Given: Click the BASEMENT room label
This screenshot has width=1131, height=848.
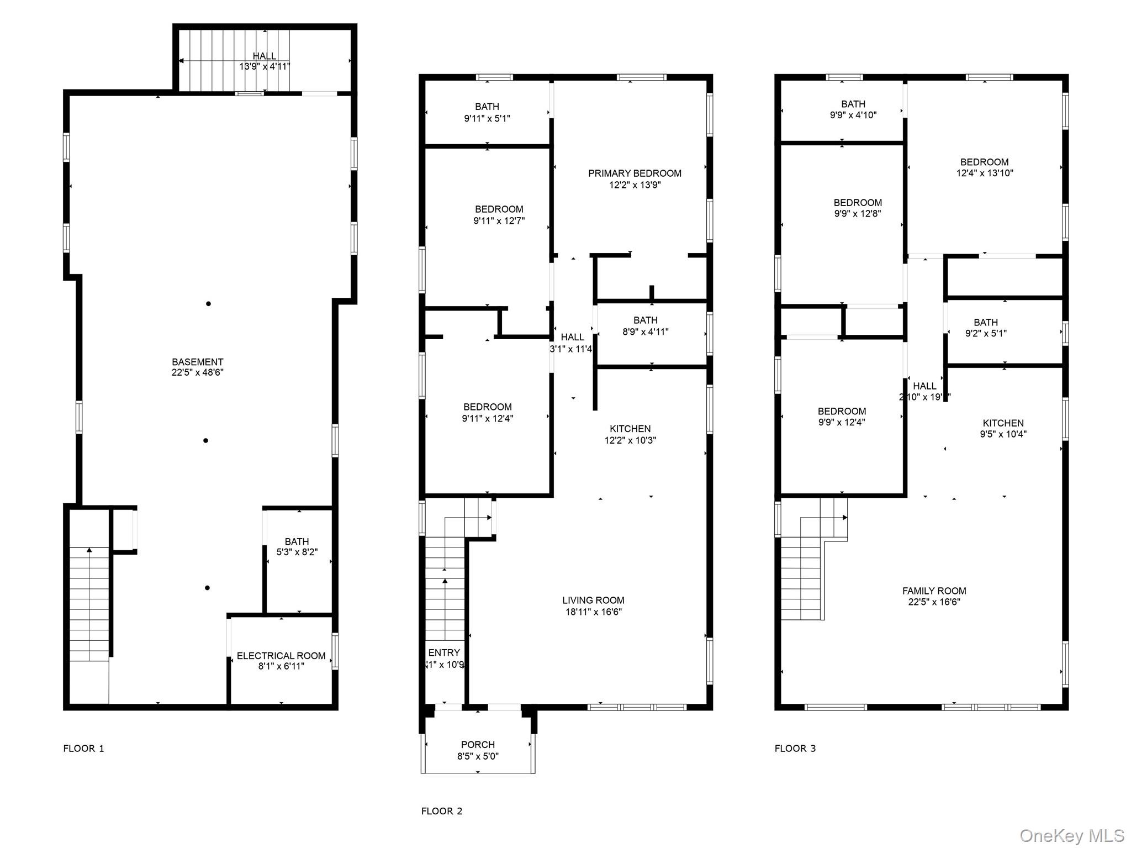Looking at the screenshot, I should (x=197, y=362).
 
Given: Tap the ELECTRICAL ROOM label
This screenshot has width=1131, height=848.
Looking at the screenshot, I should (x=281, y=656).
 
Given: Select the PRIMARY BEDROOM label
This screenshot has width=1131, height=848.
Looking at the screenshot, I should (x=635, y=173).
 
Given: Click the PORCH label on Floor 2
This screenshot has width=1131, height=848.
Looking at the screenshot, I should (x=478, y=745).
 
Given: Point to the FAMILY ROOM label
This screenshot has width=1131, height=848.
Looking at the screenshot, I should (x=934, y=591).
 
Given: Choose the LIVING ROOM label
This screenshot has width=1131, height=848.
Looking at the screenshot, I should (x=593, y=600).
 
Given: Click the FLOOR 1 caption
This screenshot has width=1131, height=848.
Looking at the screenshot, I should (x=83, y=749).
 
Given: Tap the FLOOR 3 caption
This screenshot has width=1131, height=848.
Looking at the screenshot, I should (x=795, y=749).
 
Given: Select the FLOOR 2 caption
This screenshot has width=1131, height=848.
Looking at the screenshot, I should (x=441, y=811).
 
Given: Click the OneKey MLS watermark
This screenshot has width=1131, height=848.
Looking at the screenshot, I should (x=1071, y=836).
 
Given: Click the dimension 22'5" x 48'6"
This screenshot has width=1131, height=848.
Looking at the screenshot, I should (x=197, y=373).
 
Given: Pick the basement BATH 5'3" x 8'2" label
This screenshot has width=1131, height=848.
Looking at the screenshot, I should (x=297, y=546).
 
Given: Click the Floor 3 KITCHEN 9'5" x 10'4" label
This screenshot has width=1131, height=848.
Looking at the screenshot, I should (x=1003, y=429).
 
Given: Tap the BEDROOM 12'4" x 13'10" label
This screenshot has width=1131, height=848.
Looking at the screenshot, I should (x=984, y=167).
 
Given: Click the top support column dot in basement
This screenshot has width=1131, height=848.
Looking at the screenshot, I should (x=208, y=304).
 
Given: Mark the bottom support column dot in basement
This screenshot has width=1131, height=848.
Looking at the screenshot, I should (x=207, y=588).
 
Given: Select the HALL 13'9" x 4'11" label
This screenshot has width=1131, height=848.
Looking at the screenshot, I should (x=265, y=61).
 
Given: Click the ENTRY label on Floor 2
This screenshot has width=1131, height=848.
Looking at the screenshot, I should (x=443, y=653).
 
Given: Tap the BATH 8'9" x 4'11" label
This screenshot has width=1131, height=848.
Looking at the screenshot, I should (x=645, y=326).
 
